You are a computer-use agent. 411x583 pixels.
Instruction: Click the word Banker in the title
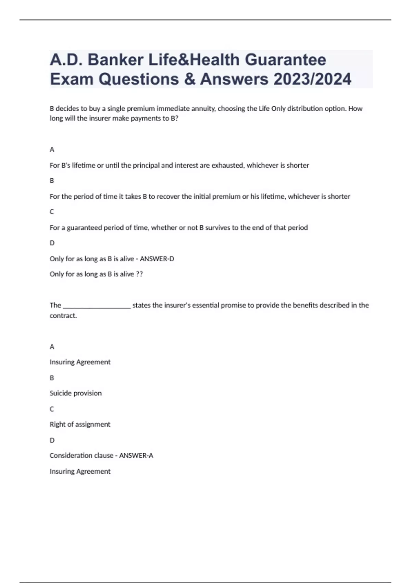click(115, 60)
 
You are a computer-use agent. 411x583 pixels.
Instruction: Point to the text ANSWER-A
click(136, 456)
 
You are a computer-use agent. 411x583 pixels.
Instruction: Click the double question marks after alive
click(139, 274)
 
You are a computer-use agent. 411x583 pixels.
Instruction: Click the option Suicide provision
click(76, 393)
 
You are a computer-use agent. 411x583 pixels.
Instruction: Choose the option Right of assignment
click(80, 424)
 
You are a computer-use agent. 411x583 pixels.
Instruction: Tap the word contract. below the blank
click(63, 316)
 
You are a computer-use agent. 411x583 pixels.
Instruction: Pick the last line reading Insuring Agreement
click(80, 472)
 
